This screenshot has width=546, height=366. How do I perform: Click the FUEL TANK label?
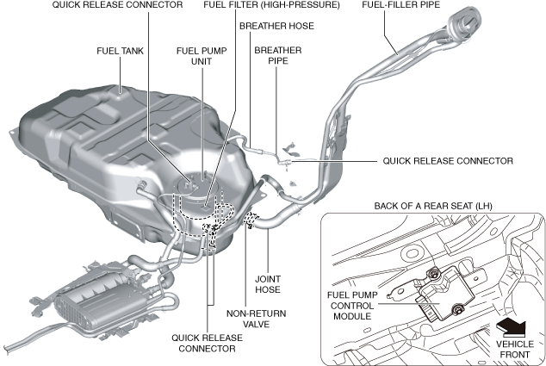click(120, 51)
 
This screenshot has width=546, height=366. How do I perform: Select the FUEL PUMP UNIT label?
click(201, 58)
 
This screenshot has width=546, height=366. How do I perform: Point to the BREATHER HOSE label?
click(276, 26)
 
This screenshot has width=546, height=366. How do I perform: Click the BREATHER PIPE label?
click(277, 57)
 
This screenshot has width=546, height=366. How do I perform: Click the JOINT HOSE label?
click(267, 285)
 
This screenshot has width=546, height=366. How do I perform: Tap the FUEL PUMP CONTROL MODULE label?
click(355, 303)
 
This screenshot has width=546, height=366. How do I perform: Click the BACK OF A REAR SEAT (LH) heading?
click(433, 207)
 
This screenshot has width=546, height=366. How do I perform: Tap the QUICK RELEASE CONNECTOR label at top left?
click(117, 5)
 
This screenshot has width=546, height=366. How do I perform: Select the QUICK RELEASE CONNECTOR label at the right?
click(448, 161)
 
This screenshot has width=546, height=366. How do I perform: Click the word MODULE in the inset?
click(355, 316)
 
